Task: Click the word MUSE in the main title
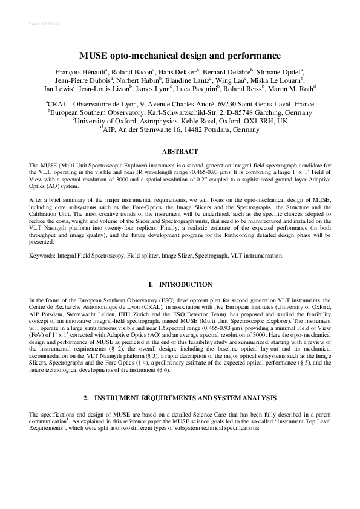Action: (x=94, y=56)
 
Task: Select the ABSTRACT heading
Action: (x=180, y=151)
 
